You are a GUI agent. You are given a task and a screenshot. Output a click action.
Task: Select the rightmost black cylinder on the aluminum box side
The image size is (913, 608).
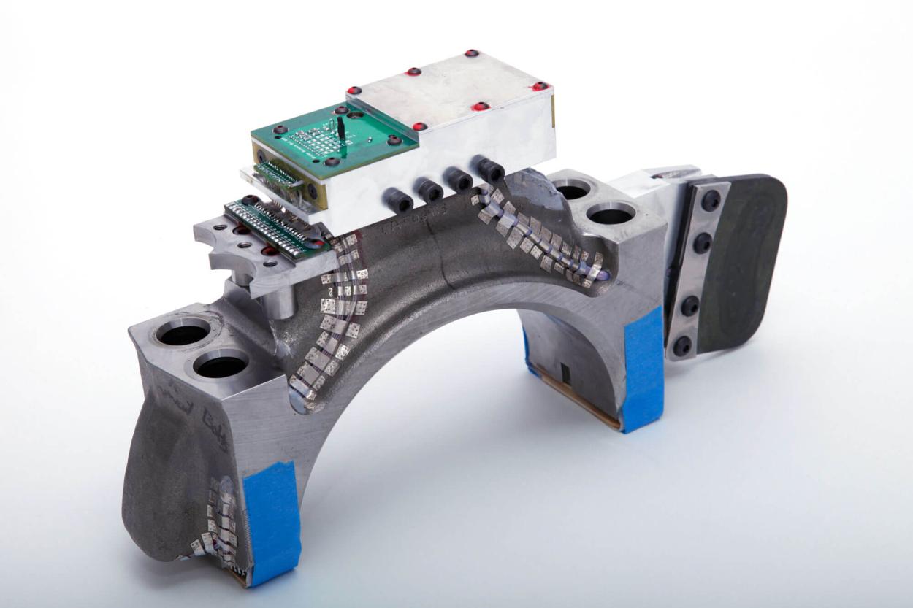click(489, 170)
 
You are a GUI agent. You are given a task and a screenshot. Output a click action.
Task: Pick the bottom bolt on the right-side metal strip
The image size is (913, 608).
click(682, 345)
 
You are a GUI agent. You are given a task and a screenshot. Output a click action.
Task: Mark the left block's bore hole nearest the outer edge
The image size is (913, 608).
click(182, 334)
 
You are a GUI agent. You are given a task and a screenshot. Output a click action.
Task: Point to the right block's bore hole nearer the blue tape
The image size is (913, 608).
click(611, 215)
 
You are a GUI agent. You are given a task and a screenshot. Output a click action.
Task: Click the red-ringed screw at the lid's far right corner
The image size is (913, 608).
click(540, 86)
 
